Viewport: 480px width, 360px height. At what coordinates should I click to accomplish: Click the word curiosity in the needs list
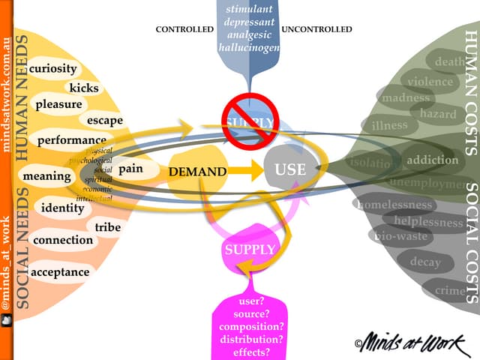tap(53, 68)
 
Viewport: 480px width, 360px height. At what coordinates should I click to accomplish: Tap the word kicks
tap(83, 88)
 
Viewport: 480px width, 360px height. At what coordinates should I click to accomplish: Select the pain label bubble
tap(130, 169)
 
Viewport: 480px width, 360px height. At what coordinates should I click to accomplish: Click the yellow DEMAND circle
tap(196, 172)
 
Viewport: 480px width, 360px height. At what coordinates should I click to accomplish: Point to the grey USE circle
tap(290, 169)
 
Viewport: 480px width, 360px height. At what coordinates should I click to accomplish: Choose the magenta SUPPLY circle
tap(250, 249)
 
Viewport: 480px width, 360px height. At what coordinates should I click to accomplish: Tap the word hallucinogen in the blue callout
tap(249, 47)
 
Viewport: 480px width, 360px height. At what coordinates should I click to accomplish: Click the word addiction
tap(432, 159)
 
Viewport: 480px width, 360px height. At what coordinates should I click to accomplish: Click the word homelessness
tap(395, 204)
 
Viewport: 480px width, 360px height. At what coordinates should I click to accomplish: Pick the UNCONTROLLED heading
tap(316, 30)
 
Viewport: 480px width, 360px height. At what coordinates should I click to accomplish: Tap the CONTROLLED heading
tap(184, 30)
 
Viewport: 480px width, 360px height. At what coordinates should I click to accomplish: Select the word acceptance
tap(61, 271)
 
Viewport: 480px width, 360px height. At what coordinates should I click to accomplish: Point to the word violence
tap(430, 81)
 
